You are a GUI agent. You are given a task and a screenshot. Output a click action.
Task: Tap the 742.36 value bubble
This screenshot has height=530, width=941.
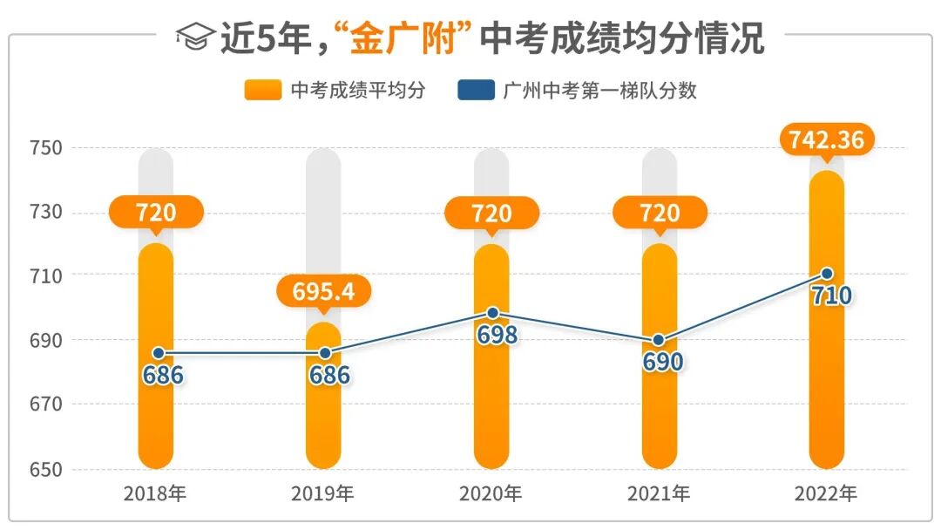coord(827,139)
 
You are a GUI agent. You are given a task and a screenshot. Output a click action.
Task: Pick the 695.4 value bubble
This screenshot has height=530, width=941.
coord(324,291)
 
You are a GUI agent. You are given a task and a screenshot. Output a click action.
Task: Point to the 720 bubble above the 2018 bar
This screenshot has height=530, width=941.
coord(156,213)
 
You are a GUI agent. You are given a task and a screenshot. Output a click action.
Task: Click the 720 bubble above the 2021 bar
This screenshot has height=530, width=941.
coord(660,213)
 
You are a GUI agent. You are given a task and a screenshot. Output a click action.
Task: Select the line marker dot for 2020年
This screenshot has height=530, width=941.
coord(492,313)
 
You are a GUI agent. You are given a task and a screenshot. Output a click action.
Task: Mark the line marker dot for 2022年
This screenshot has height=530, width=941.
coord(827,274)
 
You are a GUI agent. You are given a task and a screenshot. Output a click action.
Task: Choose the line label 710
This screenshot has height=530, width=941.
coord(831,296)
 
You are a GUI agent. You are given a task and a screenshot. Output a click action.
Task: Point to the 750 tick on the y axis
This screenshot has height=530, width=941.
coord(45,148)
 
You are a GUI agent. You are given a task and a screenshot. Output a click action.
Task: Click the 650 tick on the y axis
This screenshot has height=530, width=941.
coord(45,469)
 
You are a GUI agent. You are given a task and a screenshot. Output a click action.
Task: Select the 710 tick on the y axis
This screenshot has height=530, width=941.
coord(45,275)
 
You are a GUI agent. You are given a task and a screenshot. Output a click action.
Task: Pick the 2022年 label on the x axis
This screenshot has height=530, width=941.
coord(826,494)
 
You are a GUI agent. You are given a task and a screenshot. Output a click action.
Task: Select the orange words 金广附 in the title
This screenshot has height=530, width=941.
coord(403,39)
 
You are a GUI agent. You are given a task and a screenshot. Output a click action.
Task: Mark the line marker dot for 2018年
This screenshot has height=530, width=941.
coord(157,353)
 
